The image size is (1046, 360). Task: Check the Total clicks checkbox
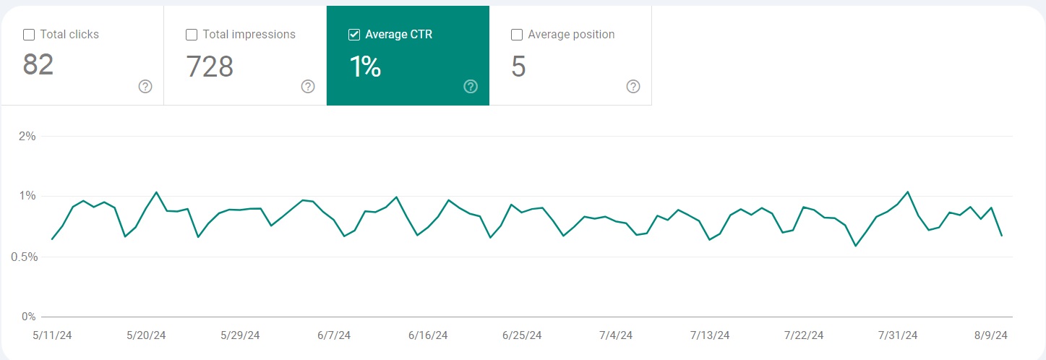(29, 35)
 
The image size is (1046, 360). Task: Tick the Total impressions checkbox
(192, 35)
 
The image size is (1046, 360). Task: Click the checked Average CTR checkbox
(354, 35)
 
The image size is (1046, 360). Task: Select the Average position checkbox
(517, 35)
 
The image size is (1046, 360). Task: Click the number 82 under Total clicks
(38, 66)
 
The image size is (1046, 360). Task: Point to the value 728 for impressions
(210, 67)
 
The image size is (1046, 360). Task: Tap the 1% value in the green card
(365, 67)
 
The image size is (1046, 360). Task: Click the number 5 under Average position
(518, 67)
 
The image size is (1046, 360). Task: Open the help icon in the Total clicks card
(145, 87)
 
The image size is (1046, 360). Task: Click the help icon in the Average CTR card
(471, 87)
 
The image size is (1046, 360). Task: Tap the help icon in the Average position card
(633, 87)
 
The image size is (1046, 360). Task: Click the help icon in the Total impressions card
(308, 87)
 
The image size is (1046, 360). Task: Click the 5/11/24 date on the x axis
(52, 335)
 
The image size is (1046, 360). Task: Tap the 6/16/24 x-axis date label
(428, 335)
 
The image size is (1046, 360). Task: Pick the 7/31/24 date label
(898, 335)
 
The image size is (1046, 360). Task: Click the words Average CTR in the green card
(398, 35)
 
